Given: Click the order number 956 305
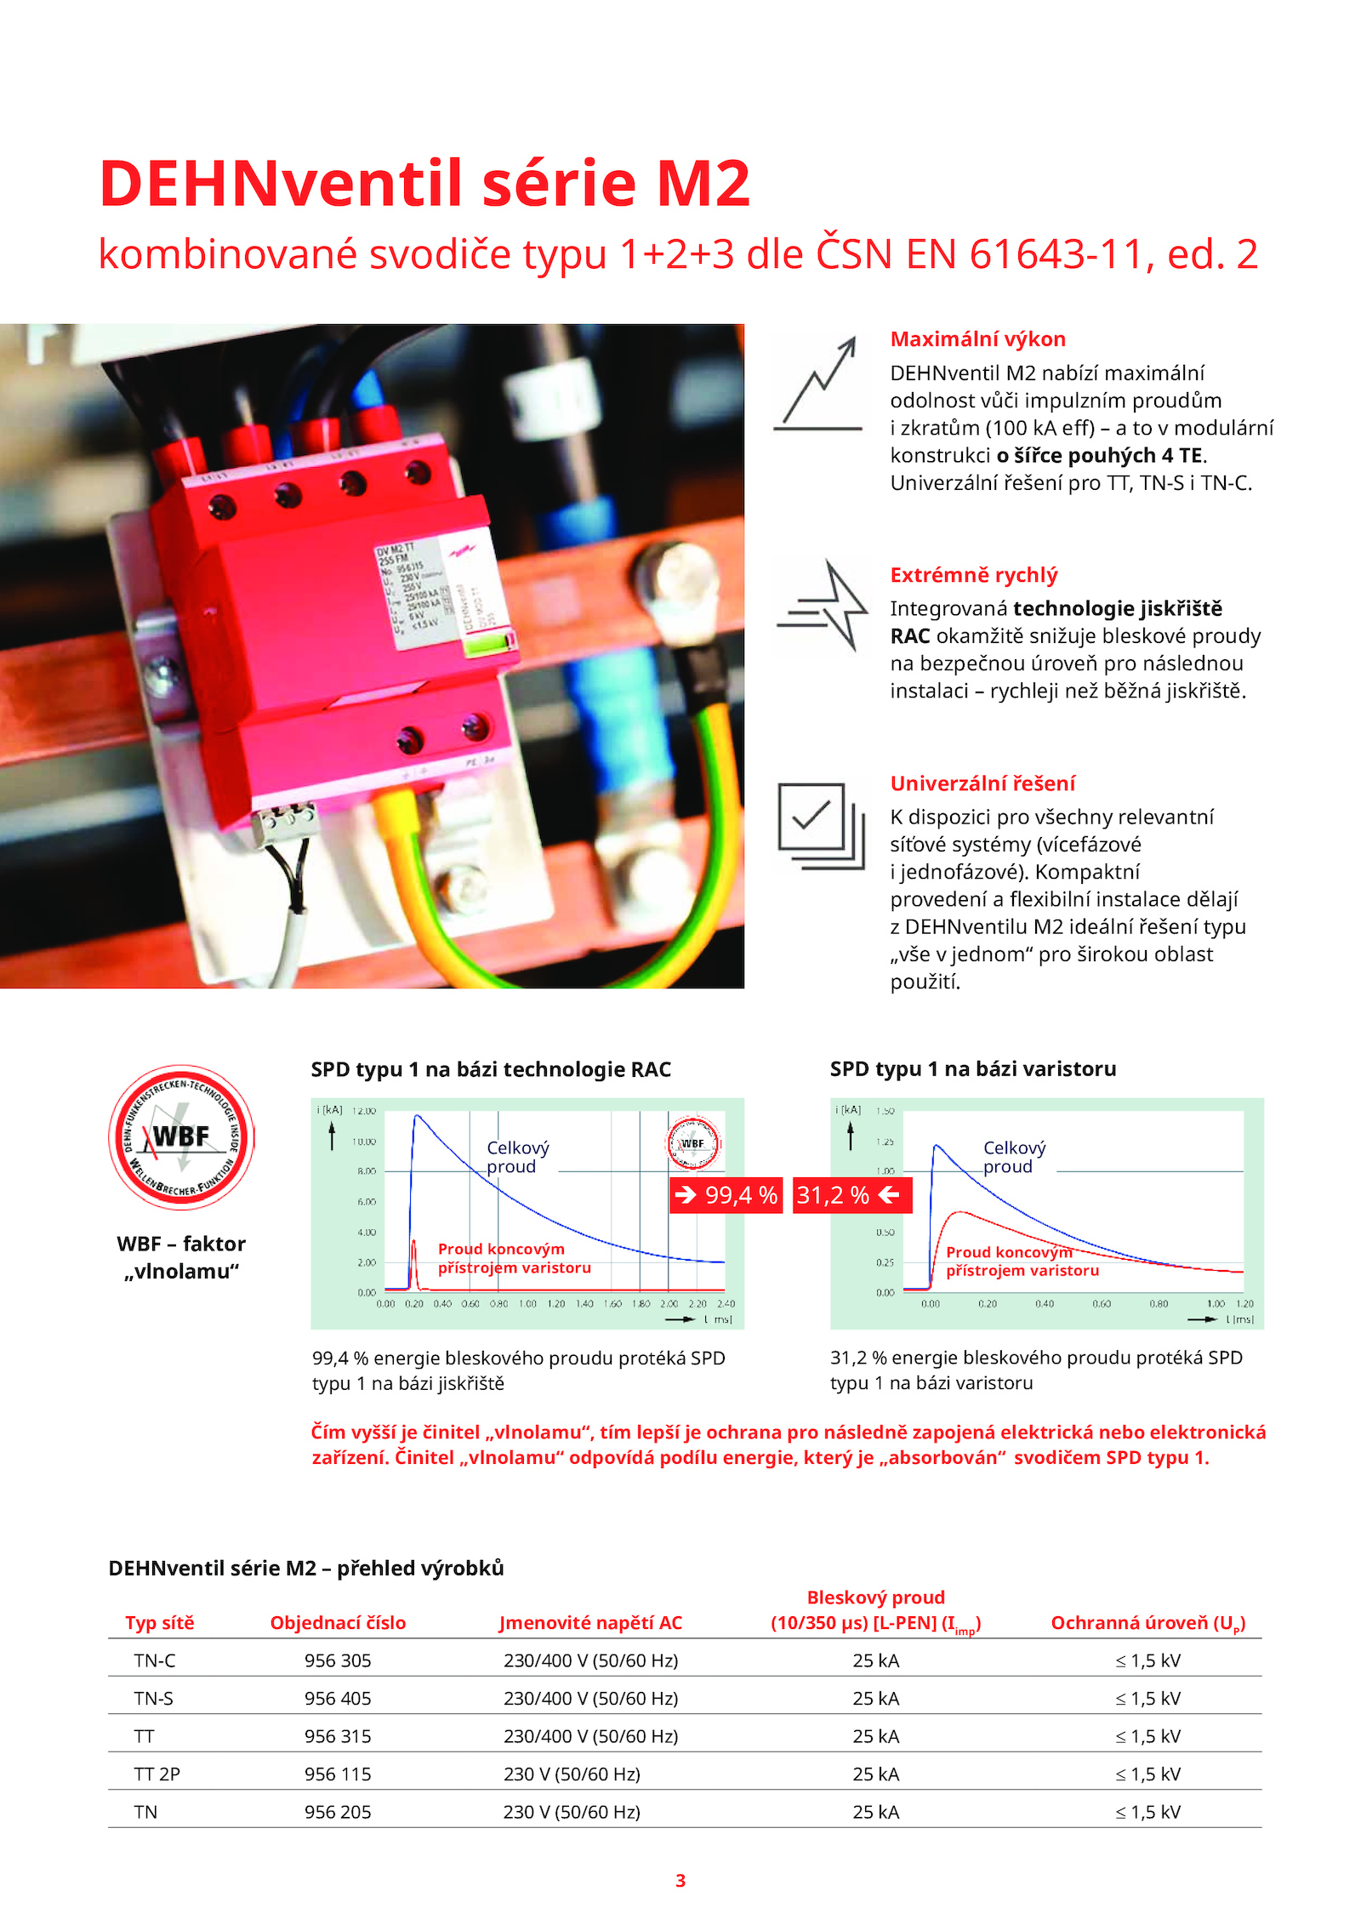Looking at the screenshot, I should [x=338, y=1660].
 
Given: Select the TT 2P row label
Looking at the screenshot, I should [x=157, y=1774].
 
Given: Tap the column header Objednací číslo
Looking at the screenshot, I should [x=338, y=1622].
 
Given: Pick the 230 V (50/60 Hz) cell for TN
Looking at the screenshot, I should [x=572, y=1812].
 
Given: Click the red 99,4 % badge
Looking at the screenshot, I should [x=726, y=1195].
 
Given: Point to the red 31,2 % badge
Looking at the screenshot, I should [x=851, y=1195].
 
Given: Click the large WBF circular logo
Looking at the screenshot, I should [x=181, y=1137].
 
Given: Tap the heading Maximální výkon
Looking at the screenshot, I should [x=977, y=339].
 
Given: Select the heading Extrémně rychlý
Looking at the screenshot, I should [x=973, y=575].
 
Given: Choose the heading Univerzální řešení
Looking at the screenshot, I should [x=982, y=783].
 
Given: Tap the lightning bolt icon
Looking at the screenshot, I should [x=823, y=605].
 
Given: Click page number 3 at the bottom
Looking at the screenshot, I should [x=680, y=1880].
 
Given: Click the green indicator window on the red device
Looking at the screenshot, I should [x=490, y=646].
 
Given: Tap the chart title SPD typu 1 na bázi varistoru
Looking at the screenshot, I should [x=973, y=1069].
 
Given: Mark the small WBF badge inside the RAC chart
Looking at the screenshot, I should [x=692, y=1142].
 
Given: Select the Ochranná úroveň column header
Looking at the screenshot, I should [x=1147, y=1623].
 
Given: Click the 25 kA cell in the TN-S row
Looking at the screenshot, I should [x=875, y=1698].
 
